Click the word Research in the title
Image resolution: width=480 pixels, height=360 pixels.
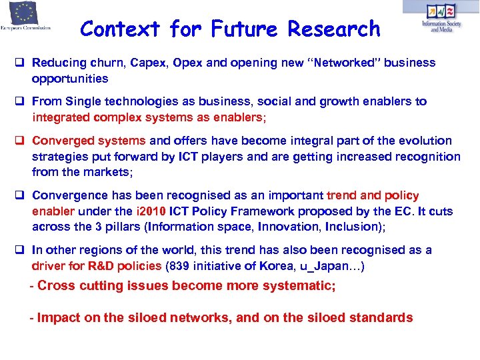coord(334,29)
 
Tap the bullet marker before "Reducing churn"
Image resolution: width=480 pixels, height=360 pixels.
coord(22,63)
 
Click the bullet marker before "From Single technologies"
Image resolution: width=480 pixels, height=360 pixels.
coord(22,102)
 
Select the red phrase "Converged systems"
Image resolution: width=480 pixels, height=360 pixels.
coord(89,141)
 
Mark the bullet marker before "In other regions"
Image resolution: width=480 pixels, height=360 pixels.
coord(22,251)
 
